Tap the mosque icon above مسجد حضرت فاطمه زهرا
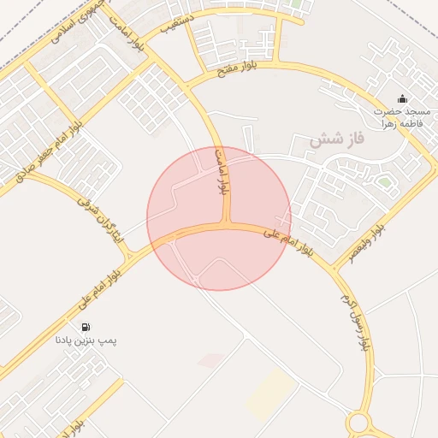point(402,99)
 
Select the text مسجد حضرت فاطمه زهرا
point(401,117)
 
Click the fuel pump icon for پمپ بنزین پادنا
point(86,327)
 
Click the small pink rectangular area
point(210,361)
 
